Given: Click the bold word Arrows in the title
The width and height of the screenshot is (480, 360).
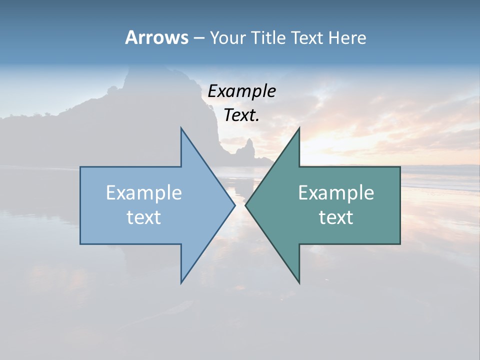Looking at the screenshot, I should [x=156, y=37].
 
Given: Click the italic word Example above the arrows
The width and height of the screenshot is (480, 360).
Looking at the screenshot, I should [x=241, y=91].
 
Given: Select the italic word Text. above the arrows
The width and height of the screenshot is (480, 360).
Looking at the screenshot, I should [x=241, y=115].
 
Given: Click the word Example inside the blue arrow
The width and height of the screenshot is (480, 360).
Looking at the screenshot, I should [x=144, y=193].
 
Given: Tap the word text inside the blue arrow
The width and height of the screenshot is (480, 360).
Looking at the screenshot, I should [x=144, y=217].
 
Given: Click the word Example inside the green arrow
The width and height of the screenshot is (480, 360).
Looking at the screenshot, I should [x=336, y=193].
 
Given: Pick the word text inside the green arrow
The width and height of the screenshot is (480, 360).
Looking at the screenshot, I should [x=336, y=217].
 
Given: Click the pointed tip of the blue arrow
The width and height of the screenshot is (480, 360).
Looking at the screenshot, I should [x=234, y=205].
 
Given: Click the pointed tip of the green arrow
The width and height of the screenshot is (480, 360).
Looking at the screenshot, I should [x=246, y=205].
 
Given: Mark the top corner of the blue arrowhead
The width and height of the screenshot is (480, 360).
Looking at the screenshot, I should [x=181, y=128].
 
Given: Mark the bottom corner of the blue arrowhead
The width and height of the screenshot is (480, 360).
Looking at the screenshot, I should [x=181, y=282].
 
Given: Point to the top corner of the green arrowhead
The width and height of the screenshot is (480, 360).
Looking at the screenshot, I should [x=299, y=128].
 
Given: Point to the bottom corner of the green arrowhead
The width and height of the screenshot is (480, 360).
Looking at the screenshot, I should [x=299, y=282].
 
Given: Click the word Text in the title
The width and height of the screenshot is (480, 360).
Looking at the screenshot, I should [x=306, y=38].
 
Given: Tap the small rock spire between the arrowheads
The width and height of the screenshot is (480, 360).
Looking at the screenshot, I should [x=248, y=147].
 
